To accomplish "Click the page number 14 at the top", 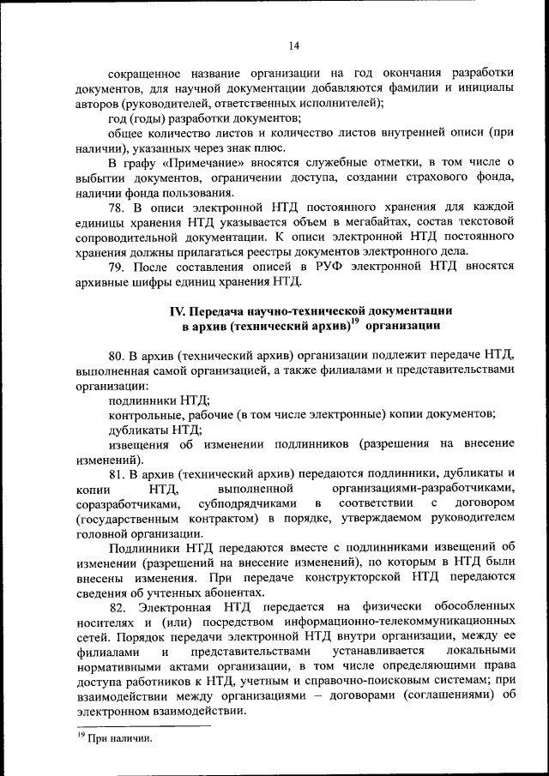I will (293, 45).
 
